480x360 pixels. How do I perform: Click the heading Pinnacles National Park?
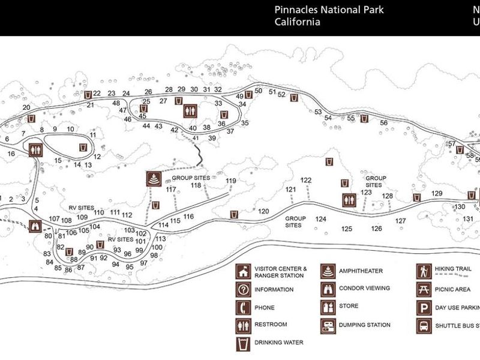[329, 10]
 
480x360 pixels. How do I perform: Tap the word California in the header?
[297, 22]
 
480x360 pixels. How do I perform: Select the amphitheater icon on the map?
[154, 179]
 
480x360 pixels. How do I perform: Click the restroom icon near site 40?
[190, 110]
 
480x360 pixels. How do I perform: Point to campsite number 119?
[231, 181]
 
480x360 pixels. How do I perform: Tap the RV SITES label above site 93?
[121, 239]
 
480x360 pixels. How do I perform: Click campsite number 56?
[383, 123]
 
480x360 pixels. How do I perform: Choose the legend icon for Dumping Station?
[328, 325]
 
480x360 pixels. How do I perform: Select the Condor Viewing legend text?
[364, 288]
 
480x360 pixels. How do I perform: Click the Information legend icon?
[244, 290]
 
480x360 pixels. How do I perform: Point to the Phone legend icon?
[244, 308]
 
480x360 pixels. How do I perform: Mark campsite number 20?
[26, 107]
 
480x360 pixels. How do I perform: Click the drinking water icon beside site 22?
[88, 94]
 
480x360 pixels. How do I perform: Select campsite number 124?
[321, 219]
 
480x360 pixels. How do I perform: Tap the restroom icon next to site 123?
[349, 200]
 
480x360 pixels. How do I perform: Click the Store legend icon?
[328, 307]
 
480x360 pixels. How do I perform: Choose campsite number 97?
[143, 263]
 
